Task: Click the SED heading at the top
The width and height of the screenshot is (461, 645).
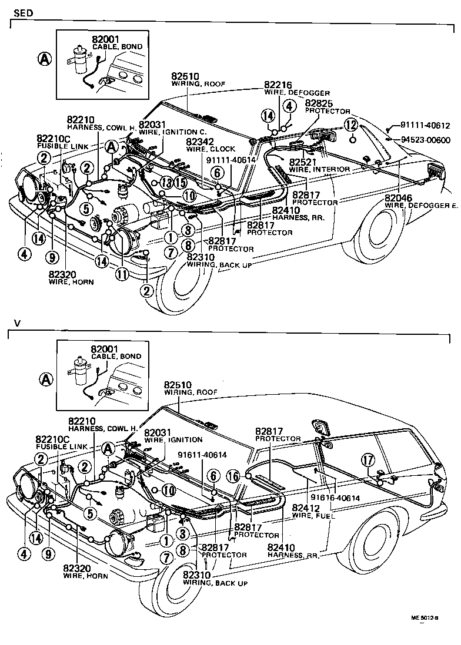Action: click(x=22, y=12)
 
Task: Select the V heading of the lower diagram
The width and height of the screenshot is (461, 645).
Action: click(x=17, y=323)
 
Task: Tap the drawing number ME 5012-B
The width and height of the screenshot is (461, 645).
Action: click(x=425, y=617)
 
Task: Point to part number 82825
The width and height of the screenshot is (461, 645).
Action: click(x=318, y=103)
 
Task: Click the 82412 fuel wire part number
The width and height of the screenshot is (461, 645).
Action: click(x=305, y=508)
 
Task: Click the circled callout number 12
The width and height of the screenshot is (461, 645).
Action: click(x=351, y=125)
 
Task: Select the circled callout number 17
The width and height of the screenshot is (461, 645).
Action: click(x=369, y=462)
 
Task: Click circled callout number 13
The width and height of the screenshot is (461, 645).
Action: click(x=166, y=183)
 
